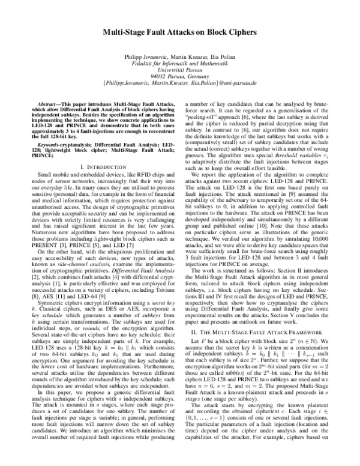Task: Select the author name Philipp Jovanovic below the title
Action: point(144,56)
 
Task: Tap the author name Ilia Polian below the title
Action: point(221,56)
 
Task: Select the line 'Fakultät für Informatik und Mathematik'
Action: point(180,63)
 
